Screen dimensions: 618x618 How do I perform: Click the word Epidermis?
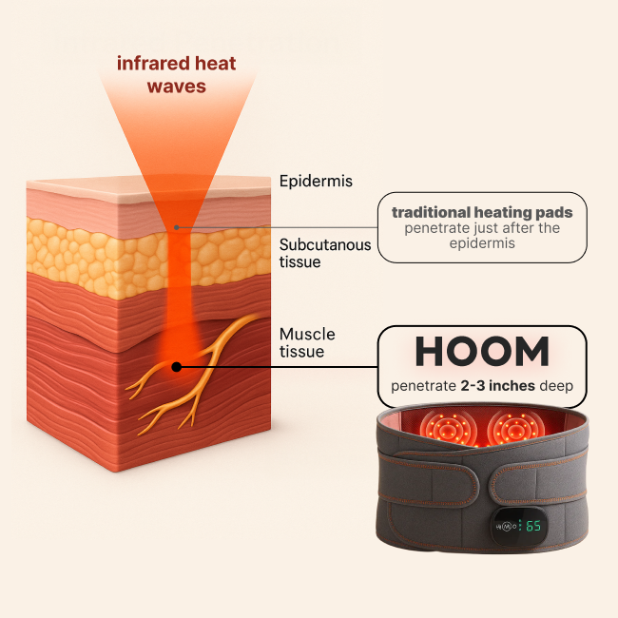pyautogui.click(x=310, y=181)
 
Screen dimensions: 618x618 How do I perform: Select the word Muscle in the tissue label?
pyautogui.click(x=304, y=335)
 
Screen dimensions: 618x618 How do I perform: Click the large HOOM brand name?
pyautogui.click(x=482, y=353)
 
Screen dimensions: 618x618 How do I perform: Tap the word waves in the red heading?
pyautogui.click(x=175, y=86)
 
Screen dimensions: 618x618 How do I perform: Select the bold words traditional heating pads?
pyautogui.click(x=483, y=212)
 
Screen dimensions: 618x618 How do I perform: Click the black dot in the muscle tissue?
pyautogui.click(x=176, y=366)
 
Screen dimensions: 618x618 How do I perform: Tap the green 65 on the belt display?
pyautogui.click(x=533, y=525)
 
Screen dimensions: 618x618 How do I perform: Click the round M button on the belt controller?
pyautogui.click(x=508, y=526)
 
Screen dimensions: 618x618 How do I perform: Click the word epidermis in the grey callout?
pyautogui.click(x=482, y=243)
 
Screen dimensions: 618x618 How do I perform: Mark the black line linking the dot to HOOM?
pyautogui.click(x=276, y=366)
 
